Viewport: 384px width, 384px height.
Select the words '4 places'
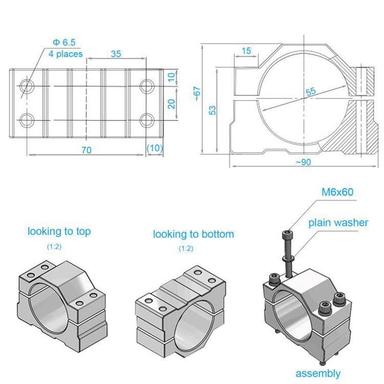(65, 54)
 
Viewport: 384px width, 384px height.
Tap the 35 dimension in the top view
(116, 54)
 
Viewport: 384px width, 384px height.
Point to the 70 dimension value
(86, 150)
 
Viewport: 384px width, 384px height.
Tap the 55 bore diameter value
(311, 91)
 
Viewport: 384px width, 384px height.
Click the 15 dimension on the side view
(247, 51)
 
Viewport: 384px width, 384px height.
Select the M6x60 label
(337, 192)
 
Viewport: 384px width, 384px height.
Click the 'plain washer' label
(338, 223)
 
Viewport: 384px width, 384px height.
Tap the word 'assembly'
(318, 373)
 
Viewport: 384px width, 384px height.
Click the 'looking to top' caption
(59, 232)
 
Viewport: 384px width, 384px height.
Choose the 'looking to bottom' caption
(193, 234)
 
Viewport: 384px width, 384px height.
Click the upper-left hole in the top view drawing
(26, 86)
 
